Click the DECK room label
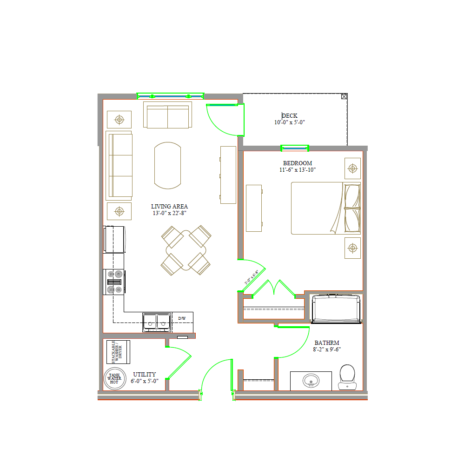pyautogui.click(x=289, y=116)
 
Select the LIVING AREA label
pyautogui.click(x=169, y=206)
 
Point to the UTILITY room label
pyautogui.click(x=145, y=374)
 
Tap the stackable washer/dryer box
pyautogui.click(x=118, y=352)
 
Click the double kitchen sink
pyautogui.click(x=157, y=322)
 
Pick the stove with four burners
pyautogui.click(x=114, y=282)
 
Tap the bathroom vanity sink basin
pyautogui.click(x=311, y=381)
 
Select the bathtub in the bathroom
pyautogui.click(x=336, y=309)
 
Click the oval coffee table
pyautogui.click(x=167, y=165)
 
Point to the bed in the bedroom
pyautogui.click(x=325, y=208)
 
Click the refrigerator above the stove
pyautogui.click(x=114, y=239)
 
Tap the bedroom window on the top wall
pyautogui.click(x=295, y=148)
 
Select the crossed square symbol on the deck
pyautogui.click(x=344, y=96)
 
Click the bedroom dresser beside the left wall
pyautogui.click(x=254, y=208)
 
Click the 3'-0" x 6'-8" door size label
pyautogui.click(x=251, y=278)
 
